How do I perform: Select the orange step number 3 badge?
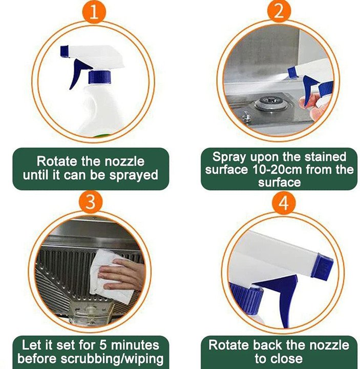click(x=90, y=201)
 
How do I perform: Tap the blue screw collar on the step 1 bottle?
click(x=99, y=77)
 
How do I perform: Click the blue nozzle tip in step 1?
click(x=65, y=50)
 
